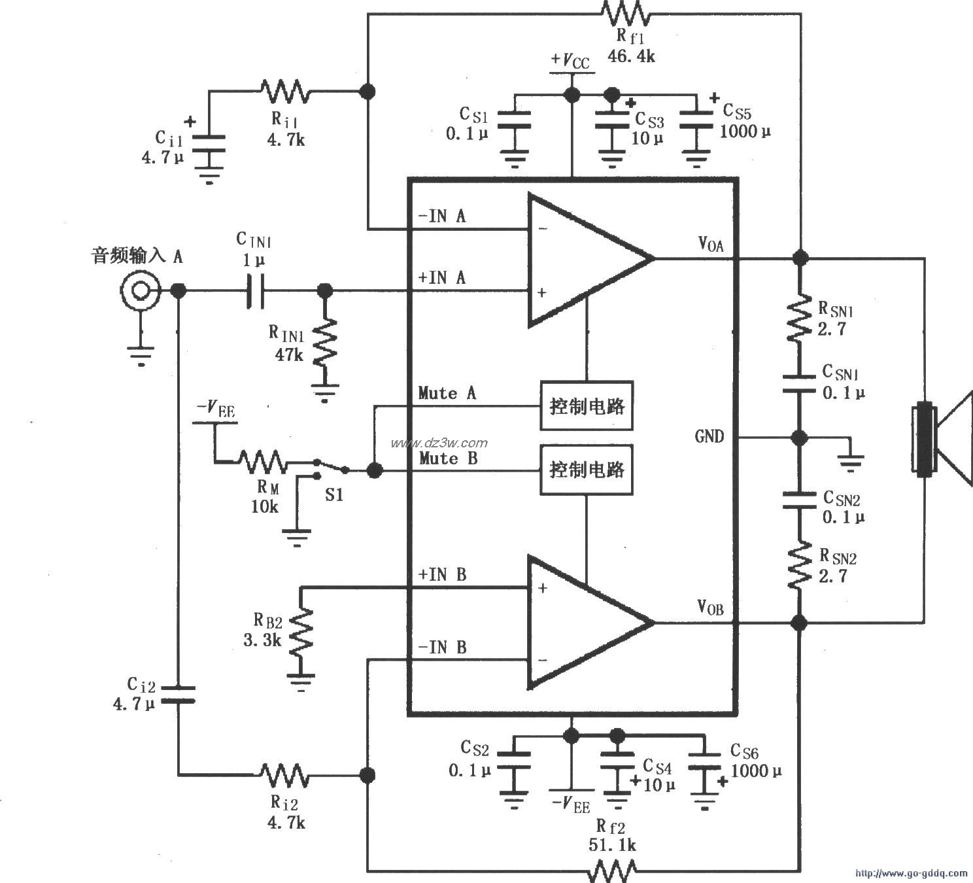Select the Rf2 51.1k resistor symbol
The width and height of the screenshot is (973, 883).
click(x=613, y=869)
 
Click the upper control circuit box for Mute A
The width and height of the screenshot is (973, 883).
click(x=586, y=406)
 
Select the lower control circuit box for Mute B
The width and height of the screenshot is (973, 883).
click(x=586, y=470)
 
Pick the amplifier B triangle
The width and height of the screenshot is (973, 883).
click(x=582, y=623)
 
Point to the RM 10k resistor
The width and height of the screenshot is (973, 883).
click(x=261, y=462)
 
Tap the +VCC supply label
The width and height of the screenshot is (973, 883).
click(x=570, y=61)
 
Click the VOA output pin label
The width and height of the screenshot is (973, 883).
click(x=710, y=245)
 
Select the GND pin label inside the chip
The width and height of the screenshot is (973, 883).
click(x=709, y=436)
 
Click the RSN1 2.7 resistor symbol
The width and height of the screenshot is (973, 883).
click(x=798, y=317)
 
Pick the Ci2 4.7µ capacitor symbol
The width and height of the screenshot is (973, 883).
click(x=178, y=695)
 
